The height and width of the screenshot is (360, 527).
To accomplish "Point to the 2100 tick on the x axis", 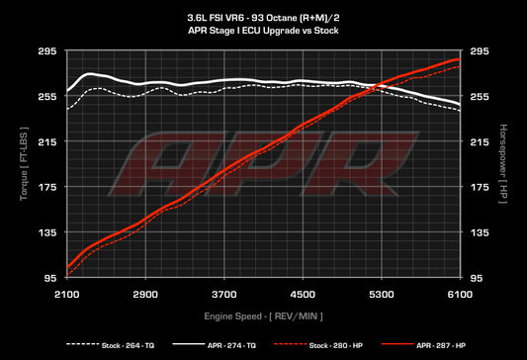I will [x=66, y=295].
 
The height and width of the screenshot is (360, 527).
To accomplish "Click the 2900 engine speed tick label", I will [x=145, y=295].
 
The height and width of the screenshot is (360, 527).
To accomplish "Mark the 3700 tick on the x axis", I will [x=224, y=295].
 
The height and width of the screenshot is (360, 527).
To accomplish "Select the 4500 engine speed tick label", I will [x=304, y=295].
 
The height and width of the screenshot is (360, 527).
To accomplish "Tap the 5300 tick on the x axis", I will [x=383, y=295].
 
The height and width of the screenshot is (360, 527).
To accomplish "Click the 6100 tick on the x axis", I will [x=461, y=295].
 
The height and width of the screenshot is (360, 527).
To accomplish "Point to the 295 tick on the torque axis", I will [x=47, y=51].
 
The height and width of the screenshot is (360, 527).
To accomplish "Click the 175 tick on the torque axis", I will [x=47, y=187].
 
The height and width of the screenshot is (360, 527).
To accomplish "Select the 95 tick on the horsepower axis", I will [x=480, y=278].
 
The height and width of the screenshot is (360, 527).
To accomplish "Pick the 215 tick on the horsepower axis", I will [x=480, y=141].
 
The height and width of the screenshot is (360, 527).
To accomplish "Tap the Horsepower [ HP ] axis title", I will [x=505, y=164].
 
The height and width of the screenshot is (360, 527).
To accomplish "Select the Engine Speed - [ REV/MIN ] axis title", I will [x=263, y=315].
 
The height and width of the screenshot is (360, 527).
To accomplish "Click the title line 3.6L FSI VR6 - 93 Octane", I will [x=263, y=18].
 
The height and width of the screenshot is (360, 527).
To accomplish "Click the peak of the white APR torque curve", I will [x=89, y=73].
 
